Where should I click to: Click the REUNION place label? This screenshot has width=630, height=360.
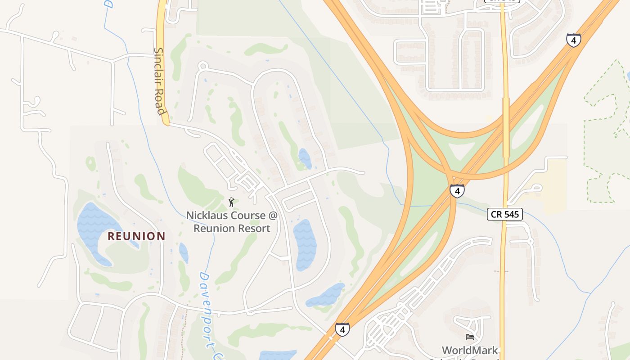(136, 236)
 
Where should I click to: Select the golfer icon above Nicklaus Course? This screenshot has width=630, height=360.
(231, 202)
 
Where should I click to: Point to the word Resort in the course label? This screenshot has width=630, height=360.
(255, 229)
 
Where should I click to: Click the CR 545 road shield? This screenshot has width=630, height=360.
(505, 215)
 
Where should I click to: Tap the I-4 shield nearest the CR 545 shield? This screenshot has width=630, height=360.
(457, 191)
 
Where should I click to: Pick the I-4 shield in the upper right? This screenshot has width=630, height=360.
(573, 40)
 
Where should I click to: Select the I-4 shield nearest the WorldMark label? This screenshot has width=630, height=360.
(342, 330)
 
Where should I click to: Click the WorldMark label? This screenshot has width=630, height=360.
(469, 351)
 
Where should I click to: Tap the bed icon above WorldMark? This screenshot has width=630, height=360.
(470, 337)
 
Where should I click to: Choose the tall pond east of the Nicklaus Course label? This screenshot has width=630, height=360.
(305, 244)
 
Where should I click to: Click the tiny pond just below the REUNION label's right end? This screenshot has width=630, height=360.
(184, 253)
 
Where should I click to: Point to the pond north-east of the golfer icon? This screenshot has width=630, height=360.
(305, 158)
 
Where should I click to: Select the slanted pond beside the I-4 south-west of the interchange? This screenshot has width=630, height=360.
(326, 295)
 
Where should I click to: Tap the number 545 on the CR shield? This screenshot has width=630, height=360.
(511, 215)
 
